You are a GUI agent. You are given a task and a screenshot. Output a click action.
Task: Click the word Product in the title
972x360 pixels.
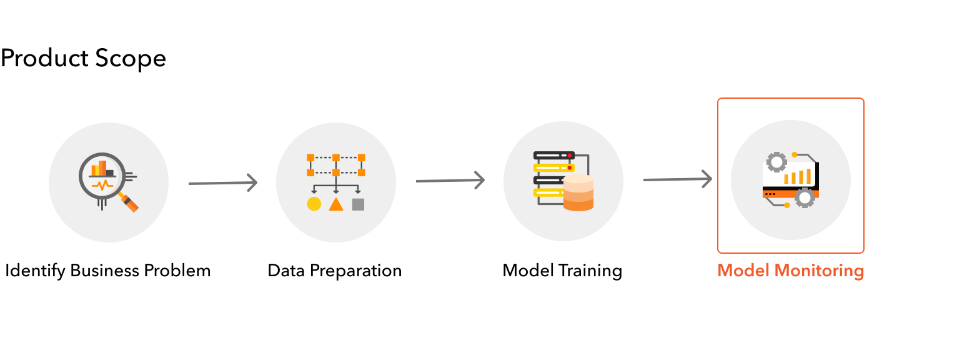point(44,59)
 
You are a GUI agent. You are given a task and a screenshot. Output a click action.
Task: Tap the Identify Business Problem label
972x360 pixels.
point(108,271)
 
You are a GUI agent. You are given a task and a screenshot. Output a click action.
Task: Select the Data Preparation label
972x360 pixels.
point(335,271)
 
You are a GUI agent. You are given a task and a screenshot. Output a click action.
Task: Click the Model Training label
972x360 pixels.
point(562,271)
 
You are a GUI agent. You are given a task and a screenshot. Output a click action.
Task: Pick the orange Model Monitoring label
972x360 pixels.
point(790,271)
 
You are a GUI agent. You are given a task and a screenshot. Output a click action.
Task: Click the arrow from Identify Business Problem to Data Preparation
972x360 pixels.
point(222,183)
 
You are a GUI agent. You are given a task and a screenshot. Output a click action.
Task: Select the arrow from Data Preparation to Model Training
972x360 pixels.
point(450,181)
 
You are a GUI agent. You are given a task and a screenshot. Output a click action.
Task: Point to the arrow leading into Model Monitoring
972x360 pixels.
point(677,179)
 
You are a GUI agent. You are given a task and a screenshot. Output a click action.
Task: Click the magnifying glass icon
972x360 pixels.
point(102,176)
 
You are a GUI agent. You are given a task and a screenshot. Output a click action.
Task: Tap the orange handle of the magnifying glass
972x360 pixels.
point(131,203)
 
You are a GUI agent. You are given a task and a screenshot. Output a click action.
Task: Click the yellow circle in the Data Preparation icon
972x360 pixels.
point(314,204)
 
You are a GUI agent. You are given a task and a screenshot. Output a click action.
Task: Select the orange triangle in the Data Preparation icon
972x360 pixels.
point(336,204)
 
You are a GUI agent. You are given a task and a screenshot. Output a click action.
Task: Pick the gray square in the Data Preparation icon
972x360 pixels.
point(358,204)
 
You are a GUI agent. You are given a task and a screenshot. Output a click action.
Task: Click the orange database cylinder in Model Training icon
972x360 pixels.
point(578,193)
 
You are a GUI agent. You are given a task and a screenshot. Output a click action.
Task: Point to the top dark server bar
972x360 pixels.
point(553,154)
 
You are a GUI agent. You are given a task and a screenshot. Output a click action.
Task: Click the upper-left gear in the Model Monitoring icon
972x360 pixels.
point(776,162)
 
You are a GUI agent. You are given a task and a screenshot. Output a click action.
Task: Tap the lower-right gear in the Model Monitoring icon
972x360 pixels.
point(805,198)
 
